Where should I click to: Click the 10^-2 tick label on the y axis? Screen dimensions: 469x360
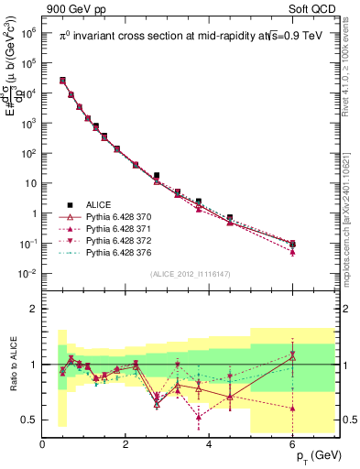[x=27, y=274]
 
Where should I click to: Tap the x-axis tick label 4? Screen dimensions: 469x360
[x=210, y=446]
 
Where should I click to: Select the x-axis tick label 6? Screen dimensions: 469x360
[x=293, y=446]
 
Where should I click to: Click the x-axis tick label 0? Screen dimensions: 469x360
[x=42, y=446]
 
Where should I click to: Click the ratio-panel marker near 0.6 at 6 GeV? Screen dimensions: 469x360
[x=292, y=409]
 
